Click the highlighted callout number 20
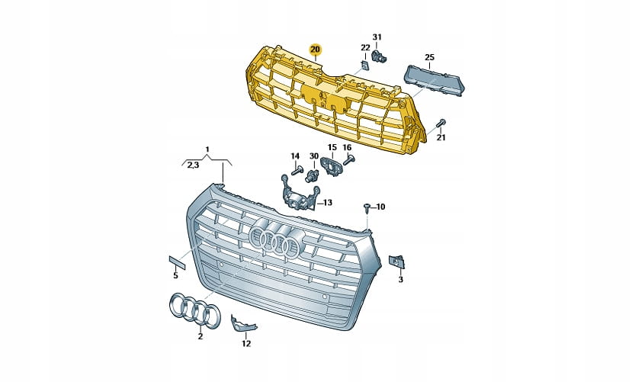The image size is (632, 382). (x=315, y=50)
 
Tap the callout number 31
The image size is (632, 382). (x=377, y=37)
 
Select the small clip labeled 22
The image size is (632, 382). (x=364, y=66)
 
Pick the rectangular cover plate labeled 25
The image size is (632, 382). (x=435, y=80)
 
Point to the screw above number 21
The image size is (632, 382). (x=441, y=123)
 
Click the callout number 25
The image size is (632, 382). (x=430, y=57)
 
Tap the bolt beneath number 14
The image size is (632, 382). (x=297, y=171)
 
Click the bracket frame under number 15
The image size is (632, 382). (x=331, y=166)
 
